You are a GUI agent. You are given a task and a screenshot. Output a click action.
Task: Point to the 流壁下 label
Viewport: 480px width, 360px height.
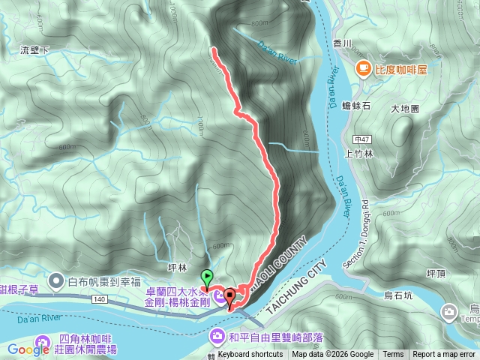tap(34, 49)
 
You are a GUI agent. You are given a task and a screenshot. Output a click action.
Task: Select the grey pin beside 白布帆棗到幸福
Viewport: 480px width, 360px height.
tap(55, 282)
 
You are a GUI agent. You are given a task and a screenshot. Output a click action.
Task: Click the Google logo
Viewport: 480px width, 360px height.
tap(28, 349)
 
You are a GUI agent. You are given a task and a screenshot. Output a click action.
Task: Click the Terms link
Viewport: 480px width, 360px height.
tap(393, 355)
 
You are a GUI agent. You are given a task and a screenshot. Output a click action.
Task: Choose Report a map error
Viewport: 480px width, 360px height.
tap(445, 355)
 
